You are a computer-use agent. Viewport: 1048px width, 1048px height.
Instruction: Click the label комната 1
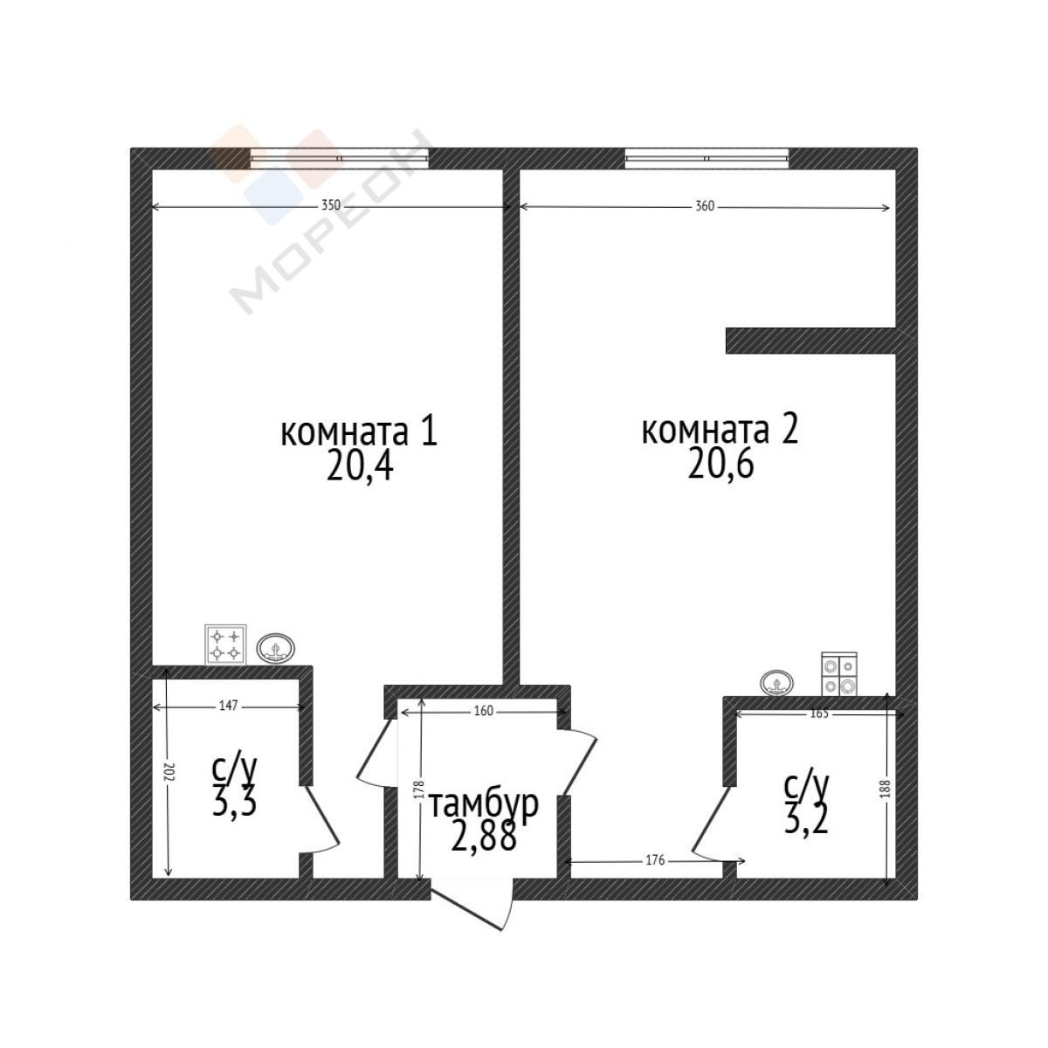[359, 433]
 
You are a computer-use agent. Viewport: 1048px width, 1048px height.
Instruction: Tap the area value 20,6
[720, 465]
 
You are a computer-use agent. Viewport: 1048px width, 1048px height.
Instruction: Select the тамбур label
[484, 805]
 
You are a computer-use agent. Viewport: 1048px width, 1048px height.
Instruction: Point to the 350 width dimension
[330, 205]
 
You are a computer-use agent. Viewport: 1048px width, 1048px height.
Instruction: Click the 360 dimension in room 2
[705, 206]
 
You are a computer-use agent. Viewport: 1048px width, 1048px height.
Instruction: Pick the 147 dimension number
[229, 706]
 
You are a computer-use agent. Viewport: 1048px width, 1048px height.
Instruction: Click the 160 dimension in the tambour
[483, 711]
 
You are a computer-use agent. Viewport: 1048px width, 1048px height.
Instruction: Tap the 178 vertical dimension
[419, 790]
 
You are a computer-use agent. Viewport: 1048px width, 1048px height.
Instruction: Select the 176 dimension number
[655, 860]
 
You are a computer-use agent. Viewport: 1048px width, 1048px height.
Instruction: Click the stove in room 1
[225, 645]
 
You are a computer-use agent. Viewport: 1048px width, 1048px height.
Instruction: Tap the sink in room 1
[276, 649]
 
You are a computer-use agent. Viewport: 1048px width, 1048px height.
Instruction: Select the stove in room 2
[839, 674]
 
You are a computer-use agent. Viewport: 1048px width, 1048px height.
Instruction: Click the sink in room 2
[776, 683]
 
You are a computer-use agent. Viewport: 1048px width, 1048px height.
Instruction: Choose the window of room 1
[340, 158]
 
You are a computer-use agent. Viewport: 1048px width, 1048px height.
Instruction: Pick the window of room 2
[707, 158]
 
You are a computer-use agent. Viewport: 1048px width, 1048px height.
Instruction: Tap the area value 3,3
[234, 804]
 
